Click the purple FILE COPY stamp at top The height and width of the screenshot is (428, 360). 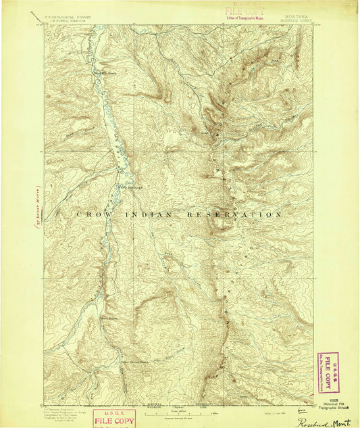point(240,11)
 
